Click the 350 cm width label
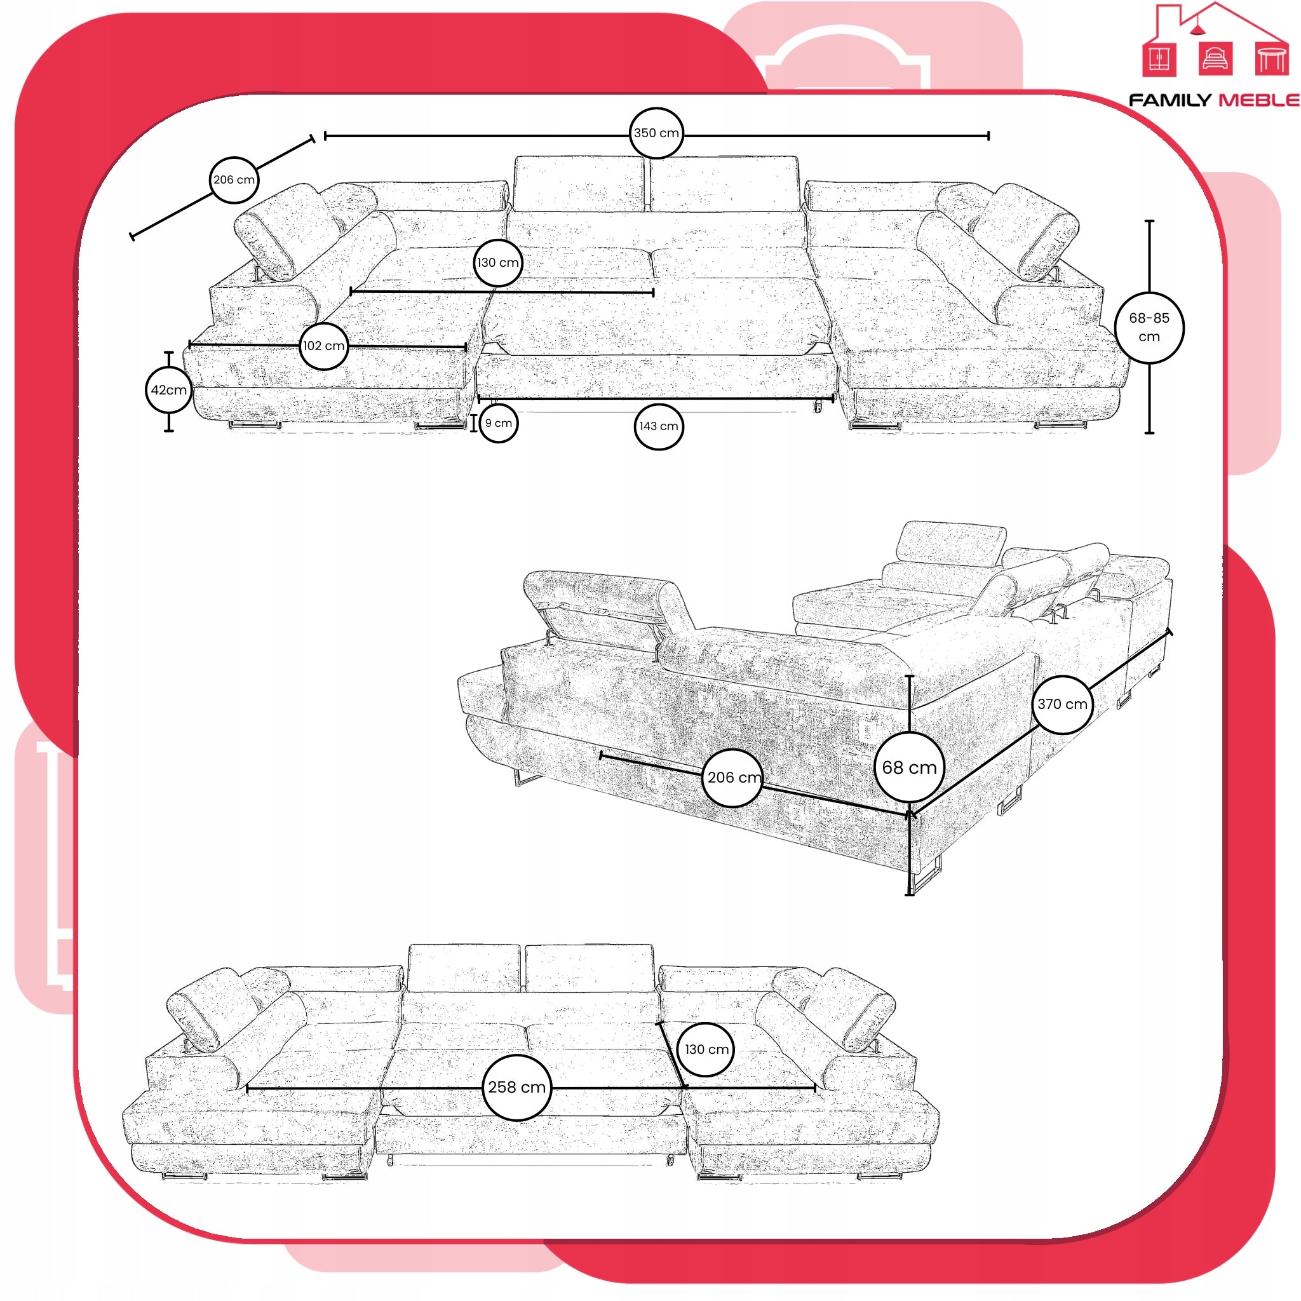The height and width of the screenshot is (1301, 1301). pos(656,133)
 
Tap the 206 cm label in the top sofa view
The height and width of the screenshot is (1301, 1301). pos(234,180)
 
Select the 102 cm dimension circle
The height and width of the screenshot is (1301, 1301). pos(324,346)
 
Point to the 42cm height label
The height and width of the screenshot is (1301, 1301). pos(169,390)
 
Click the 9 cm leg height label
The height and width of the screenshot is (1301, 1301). pos(499,424)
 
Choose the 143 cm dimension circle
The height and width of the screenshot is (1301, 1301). pos(659,426)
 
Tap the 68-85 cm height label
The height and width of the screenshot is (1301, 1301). pos(1149,327)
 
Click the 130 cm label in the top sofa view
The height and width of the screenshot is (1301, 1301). pos(498,262)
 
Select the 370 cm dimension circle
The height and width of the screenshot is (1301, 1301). pos(1063,704)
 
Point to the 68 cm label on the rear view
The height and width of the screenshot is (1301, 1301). pos(910,767)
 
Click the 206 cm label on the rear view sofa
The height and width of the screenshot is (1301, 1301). pos(733,778)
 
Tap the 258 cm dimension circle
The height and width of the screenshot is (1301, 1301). pos(517,1088)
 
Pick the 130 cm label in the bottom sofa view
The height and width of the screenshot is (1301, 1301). pos(706,1049)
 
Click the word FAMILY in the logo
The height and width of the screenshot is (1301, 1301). pos(1170,100)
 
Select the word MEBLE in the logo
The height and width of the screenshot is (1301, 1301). pos(1259,100)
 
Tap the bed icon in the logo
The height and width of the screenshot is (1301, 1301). pos(1215,58)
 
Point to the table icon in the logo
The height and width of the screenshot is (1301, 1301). pos(1271,58)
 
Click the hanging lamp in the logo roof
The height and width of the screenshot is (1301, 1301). pos(1197,26)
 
